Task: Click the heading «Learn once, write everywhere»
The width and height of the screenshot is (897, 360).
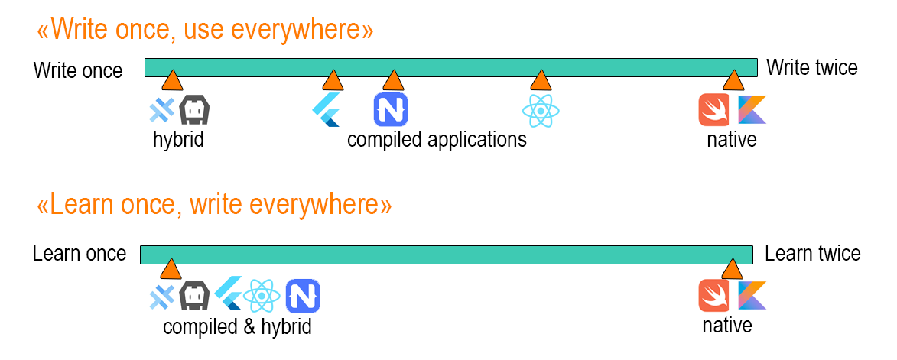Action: click(x=214, y=206)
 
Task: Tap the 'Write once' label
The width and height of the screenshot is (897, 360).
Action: click(x=78, y=71)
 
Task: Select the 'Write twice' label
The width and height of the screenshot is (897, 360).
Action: click(x=811, y=68)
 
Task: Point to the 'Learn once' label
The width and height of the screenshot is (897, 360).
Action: click(x=80, y=254)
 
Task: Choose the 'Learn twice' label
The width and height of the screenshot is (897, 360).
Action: click(x=812, y=254)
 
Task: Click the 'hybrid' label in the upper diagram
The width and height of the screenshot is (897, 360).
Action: click(x=178, y=140)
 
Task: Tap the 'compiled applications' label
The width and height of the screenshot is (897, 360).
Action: click(x=437, y=140)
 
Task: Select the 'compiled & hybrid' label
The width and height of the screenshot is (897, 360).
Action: click(x=237, y=327)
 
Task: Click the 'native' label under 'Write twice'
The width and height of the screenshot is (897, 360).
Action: click(x=731, y=140)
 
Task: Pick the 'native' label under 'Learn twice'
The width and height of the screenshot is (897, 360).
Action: click(x=727, y=326)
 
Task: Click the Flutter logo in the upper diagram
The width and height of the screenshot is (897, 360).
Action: click(x=327, y=110)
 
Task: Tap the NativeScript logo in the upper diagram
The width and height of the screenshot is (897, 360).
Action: click(x=391, y=109)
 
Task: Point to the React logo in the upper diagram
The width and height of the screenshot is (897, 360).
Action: click(x=541, y=111)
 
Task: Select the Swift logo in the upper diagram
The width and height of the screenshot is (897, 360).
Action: click(x=715, y=109)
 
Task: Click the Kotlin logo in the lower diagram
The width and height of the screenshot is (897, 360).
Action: click(x=752, y=295)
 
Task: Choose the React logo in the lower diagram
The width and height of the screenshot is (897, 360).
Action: click(x=262, y=296)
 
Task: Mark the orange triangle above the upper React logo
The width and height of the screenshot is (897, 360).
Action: click(x=541, y=79)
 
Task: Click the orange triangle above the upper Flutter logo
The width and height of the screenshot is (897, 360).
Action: click(x=332, y=79)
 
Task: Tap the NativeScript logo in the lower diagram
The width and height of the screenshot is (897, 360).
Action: click(x=303, y=296)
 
